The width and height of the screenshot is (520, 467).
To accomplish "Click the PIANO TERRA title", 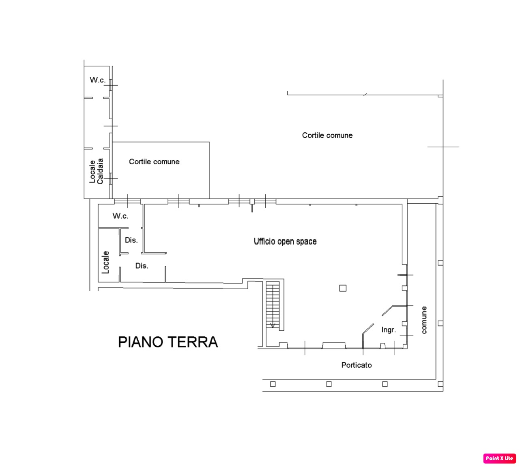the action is (x=168, y=342).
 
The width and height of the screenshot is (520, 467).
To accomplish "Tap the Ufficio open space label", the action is (x=285, y=241).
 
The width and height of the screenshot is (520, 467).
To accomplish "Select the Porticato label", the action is (x=356, y=365).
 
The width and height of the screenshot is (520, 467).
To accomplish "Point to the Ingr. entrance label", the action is (x=388, y=330).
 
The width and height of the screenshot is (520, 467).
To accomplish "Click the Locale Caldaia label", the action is (x=96, y=171).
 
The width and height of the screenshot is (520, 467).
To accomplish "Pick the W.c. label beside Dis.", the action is (x=120, y=216).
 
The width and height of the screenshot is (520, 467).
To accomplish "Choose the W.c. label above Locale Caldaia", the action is (x=97, y=80).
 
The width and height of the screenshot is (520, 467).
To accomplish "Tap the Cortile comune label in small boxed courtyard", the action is (x=154, y=162).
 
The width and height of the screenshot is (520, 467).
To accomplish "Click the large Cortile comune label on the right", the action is (x=327, y=135).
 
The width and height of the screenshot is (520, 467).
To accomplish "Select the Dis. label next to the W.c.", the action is (x=131, y=240).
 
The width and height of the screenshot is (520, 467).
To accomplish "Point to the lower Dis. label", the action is (x=142, y=266).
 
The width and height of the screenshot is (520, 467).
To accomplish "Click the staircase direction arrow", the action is (x=273, y=325).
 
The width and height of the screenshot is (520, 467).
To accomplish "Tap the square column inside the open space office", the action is (x=343, y=288).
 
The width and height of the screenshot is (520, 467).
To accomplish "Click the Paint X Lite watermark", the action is (x=499, y=458).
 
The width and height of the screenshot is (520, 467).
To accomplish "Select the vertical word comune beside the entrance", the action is (x=424, y=320).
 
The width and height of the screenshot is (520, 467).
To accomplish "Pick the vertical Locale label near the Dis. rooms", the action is (x=105, y=262).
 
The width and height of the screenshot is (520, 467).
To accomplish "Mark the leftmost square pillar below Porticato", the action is (x=273, y=384).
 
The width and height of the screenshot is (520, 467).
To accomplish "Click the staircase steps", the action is (x=273, y=304).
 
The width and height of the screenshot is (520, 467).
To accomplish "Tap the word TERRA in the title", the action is (x=193, y=342).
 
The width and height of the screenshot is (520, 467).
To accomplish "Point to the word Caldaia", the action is (x=100, y=171).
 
